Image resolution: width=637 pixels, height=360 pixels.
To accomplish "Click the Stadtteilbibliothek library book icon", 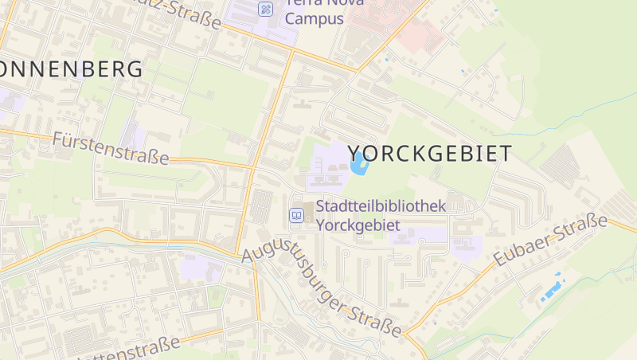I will pyautogui.click(x=296, y=215).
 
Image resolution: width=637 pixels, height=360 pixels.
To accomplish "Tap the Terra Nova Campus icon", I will pyautogui.click(x=266, y=9).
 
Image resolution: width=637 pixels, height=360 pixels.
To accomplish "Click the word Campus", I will pyautogui.click(x=315, y=18).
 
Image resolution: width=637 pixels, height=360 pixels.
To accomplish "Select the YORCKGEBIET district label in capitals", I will pyautogui.click(x=429, y=154).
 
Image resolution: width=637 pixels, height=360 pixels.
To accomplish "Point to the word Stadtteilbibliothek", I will pyautogui.click(x=381, y=206).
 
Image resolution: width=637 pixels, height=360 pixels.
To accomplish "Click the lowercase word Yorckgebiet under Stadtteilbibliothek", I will pyautogui.click(x=358, y=225).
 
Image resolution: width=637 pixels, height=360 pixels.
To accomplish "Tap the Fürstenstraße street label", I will pyautogui.click(x=111, y=149).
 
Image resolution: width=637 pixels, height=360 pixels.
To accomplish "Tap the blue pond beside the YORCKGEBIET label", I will pyautogui.click(x=358, y=163).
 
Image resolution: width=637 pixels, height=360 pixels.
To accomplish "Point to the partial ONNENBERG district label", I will pyautogui.click(x=72, y=68).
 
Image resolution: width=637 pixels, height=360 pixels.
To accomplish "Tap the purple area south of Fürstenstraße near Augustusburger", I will pyautogui.click(x=199, y=268).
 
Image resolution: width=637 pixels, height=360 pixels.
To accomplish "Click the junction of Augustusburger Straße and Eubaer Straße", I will pyautogui.click(x=405, y=333).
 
